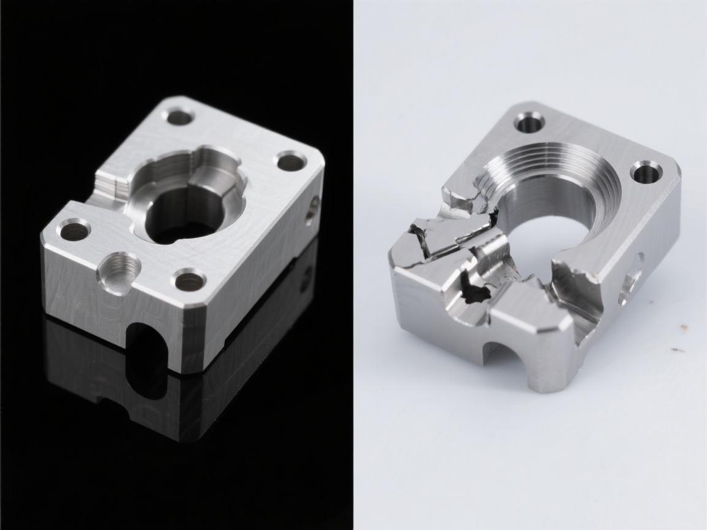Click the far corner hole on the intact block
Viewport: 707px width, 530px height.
180,116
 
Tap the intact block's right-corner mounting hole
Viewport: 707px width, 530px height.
291,162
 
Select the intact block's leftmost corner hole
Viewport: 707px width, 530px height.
74,231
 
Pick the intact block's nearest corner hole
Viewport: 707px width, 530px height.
190,282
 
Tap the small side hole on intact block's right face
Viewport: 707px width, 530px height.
314,206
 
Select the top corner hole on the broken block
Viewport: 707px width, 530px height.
529,122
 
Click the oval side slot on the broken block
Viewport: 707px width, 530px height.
632,279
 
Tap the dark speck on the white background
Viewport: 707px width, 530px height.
677,350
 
